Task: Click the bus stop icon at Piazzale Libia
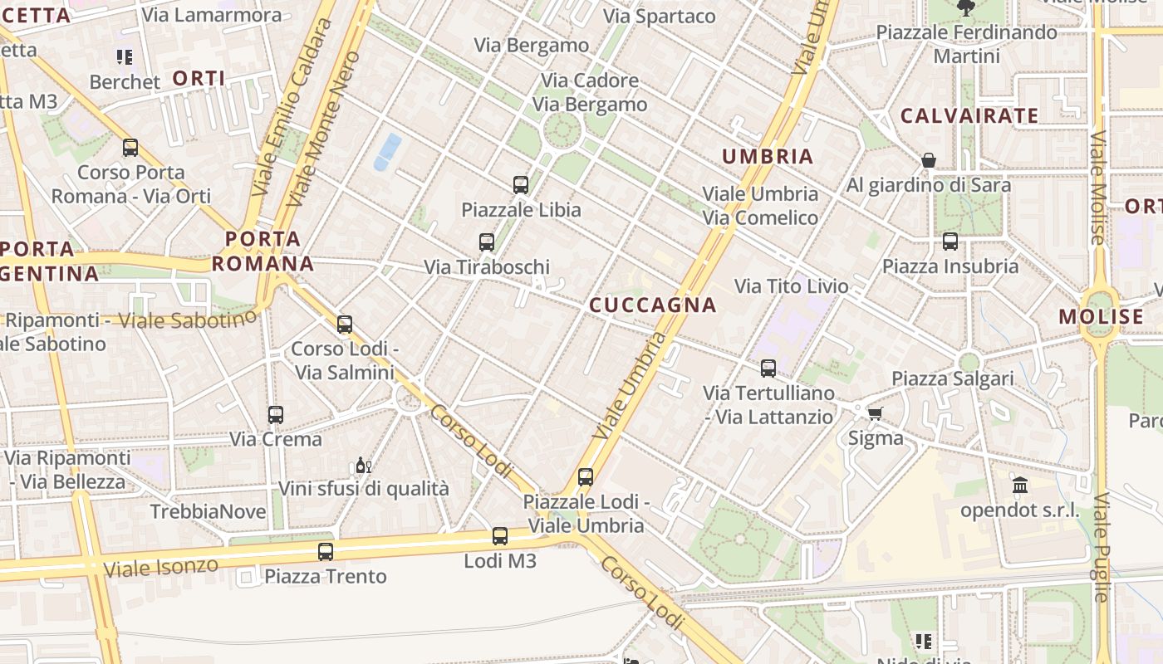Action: [x=521, y=185]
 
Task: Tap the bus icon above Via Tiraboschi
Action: [x=487, y=242]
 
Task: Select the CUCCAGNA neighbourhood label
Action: [x=653, y=305]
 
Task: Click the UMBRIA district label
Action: [x=768, y=156]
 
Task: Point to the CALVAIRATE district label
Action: [x=969, y=115]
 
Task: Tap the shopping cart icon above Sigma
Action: [x=875, y=413]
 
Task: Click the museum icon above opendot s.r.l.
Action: [x=1020, y=485]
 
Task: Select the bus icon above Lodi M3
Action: [x=499, y=536]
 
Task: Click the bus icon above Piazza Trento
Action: [x=326, y=551]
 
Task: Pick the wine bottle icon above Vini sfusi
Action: [x=363, y=465]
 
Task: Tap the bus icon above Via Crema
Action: [x=275, y=414]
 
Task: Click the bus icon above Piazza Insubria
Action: [x=950, y=242]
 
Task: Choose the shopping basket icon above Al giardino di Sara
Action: [x=929, y=160]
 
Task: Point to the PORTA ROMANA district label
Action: [x=263, y=251]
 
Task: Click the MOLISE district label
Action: [x=1102, y=317]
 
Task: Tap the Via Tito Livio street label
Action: [x=792, y=286]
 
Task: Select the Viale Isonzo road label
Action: [x=161, y=568]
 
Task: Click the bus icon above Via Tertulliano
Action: [x=768, y=368]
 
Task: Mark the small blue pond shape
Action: [x=387, y=152]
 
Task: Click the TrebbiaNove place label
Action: [x=208, y=511]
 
